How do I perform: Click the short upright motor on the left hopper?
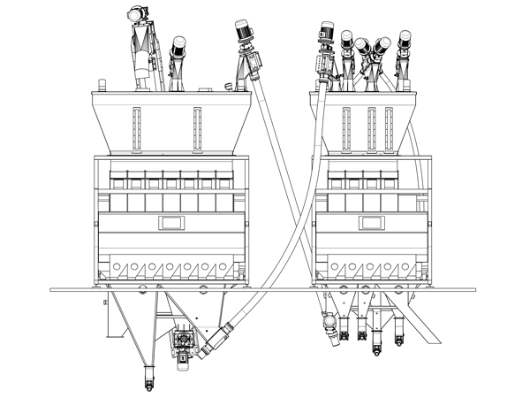click(x=178, y=50)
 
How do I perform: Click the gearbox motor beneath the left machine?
click(x=184, y=341)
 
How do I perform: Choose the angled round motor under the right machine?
click(x=331, y=324)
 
